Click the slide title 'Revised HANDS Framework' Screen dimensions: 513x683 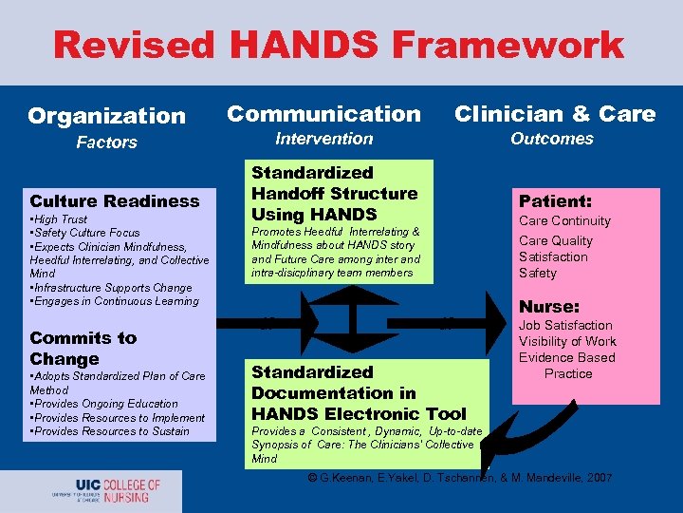coord(339,45)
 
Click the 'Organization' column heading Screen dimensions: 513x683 coord(106,116)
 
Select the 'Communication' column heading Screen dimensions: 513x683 coord(323,114)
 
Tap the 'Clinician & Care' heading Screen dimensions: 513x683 coord(555,114)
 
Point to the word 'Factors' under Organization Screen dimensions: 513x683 coord(106,142)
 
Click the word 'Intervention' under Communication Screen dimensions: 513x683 coord(323,139)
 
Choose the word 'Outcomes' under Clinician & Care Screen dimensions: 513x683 coord(551,139)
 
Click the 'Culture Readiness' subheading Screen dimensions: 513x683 coord(115,200)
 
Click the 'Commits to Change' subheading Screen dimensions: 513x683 coord(83,349)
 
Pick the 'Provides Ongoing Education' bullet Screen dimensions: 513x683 coord(104,404)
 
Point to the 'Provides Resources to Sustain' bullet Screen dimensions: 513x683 coord(110,431)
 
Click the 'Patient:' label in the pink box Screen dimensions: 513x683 coord(555,201)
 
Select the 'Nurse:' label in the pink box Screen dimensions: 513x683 coord(549,307)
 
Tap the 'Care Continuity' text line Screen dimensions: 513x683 coord(564,221)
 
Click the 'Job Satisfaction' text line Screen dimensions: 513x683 coord(565,325)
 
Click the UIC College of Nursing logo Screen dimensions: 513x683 coord(105,490)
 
